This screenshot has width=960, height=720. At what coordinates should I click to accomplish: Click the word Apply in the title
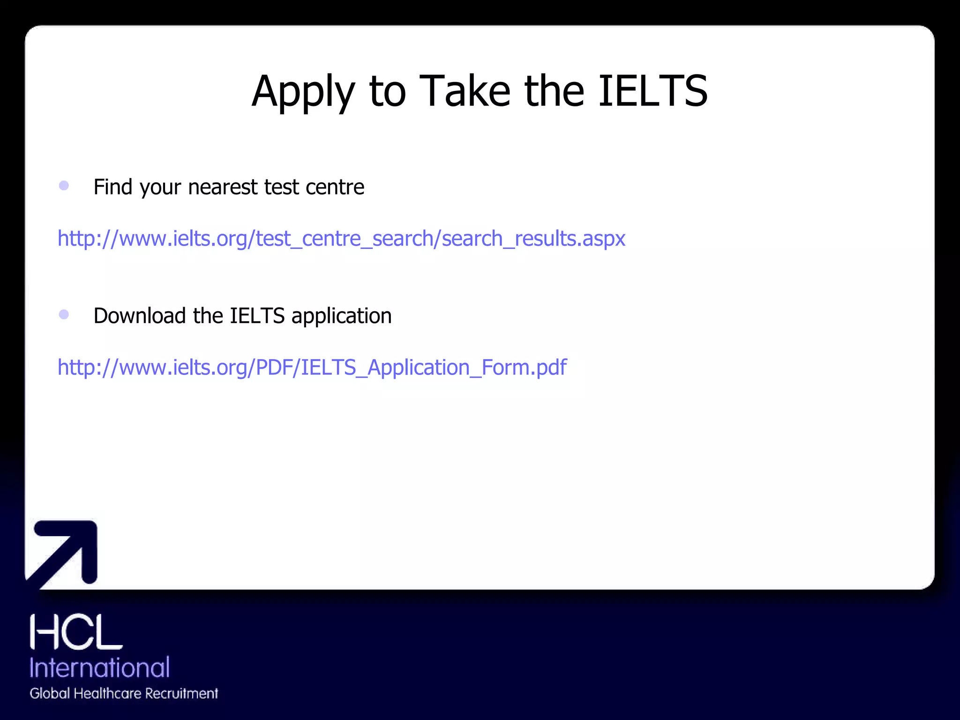tap(303, 91)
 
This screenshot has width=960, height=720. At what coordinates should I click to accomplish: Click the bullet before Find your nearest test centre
tap(64, 186)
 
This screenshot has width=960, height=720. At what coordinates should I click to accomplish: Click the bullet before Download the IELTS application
tap(64, 314)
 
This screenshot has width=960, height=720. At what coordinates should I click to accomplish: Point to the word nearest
tap(223, 187)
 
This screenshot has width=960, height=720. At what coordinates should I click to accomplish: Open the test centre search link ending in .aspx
tap(341, 239)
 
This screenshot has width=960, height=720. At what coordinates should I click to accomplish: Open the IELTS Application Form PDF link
tap(312, 367)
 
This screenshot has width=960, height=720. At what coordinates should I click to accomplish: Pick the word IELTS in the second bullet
tap(257, 315)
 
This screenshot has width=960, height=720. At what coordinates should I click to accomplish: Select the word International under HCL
tap(99, 667)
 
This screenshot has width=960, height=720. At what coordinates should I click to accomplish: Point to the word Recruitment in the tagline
tap(181, 693)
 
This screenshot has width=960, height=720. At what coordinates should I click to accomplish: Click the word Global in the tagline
tap(50, 693)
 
